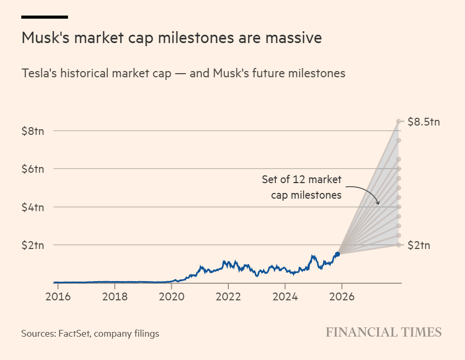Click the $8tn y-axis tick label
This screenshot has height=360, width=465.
33,131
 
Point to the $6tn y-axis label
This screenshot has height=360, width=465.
33,169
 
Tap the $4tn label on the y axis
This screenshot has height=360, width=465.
33,207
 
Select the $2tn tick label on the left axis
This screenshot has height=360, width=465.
33,245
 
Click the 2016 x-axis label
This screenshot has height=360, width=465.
58,297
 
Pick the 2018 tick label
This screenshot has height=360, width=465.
115,297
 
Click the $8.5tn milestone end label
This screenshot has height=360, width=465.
423,122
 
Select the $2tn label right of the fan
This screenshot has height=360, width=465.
419,245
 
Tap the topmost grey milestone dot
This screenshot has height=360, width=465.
399,121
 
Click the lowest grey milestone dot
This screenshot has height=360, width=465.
399,245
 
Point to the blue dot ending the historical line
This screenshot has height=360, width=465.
337,254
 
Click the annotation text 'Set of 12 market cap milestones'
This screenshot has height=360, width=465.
302,187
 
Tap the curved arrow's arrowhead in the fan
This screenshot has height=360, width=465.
378,203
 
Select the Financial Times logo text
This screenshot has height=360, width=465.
384,333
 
